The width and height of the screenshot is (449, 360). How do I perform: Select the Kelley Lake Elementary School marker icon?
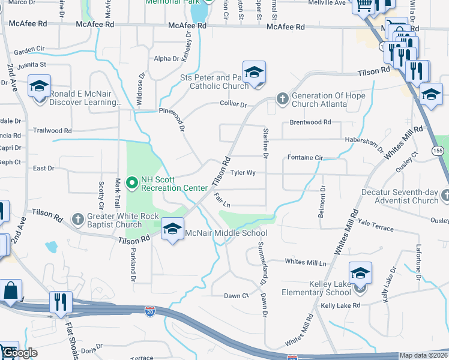pos(360,274)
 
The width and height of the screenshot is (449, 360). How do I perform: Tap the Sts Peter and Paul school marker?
pos(254,73)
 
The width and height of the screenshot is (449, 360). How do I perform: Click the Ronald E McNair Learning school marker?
pos(39,88)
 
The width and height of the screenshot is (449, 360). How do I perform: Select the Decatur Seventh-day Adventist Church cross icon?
pos(444,195)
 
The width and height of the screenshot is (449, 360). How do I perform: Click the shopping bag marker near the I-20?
pos(11,292)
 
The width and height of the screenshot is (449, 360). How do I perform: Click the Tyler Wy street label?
pos(243,173)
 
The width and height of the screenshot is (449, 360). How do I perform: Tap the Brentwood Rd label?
pos(310,122)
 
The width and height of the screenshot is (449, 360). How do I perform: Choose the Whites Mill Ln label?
pos(305,262)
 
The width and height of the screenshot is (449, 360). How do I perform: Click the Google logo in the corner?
pos(19,352)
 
